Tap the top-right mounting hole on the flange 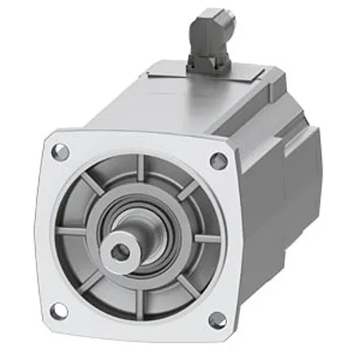pos(216,161)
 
